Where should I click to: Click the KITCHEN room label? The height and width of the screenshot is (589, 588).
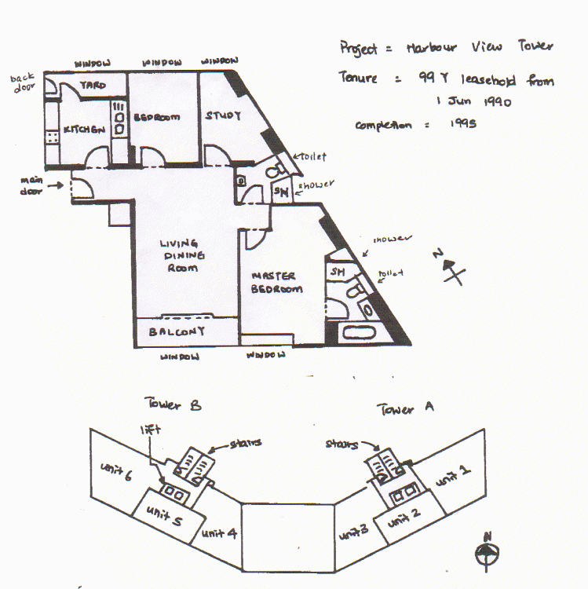(x=84, y=130)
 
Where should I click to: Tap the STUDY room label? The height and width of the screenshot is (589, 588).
(x=223, y=116)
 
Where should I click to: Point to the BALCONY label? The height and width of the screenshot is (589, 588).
(x=177, y=331)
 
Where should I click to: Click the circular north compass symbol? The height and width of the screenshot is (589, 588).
(x=487, y=553)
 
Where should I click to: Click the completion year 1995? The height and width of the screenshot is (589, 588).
(x=464, y=124)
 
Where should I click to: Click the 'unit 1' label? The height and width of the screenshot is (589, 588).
(x=454, y=473)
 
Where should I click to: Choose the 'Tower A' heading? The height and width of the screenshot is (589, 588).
(x=406, y=408)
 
